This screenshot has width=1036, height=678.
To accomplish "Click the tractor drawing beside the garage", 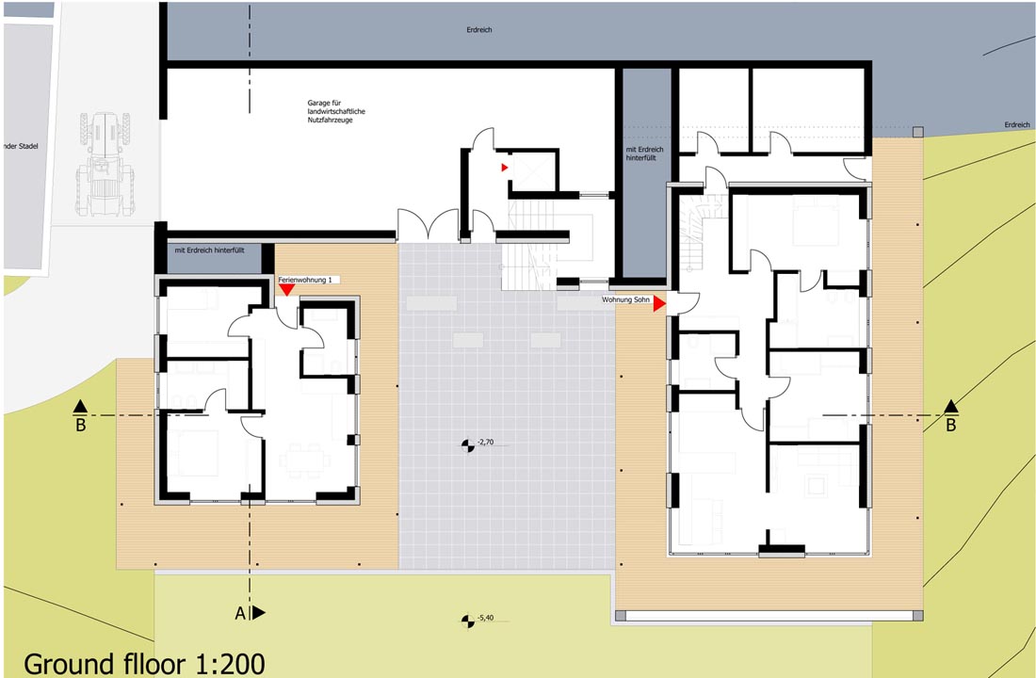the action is click(105, 165).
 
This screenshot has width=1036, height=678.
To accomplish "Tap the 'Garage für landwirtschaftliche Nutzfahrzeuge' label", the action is click(335, 112).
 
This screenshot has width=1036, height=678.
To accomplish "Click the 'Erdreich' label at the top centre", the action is click(479, 30).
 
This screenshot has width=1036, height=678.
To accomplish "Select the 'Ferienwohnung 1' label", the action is click(304, 281).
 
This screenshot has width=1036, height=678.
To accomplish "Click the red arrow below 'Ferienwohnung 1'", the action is click(286, 289).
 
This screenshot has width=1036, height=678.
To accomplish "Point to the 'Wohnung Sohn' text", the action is click(625, 300).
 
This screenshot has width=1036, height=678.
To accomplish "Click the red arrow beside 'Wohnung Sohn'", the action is click(658, 304).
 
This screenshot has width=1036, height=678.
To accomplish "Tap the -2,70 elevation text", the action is click(486, 442).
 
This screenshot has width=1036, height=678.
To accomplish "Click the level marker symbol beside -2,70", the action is click(468, 446).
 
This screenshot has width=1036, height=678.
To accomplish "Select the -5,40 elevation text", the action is click(486, 618).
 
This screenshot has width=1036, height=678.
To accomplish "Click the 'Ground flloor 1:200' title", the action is click(145, 664).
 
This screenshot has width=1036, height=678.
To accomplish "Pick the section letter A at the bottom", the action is click(240, 614).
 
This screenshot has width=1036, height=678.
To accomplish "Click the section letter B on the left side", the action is click(81, 425).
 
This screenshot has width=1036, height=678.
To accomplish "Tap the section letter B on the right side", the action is click(951, 425).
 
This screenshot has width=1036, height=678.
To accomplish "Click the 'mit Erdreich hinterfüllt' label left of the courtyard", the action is click(209, 250).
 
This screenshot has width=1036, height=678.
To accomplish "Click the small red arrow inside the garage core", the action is click(504, 168).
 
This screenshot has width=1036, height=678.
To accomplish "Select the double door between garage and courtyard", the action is click(428, 225).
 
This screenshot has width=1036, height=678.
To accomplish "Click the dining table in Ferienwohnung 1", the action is click(304, 459).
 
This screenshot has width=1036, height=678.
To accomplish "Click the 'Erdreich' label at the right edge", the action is click(1017, 125).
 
